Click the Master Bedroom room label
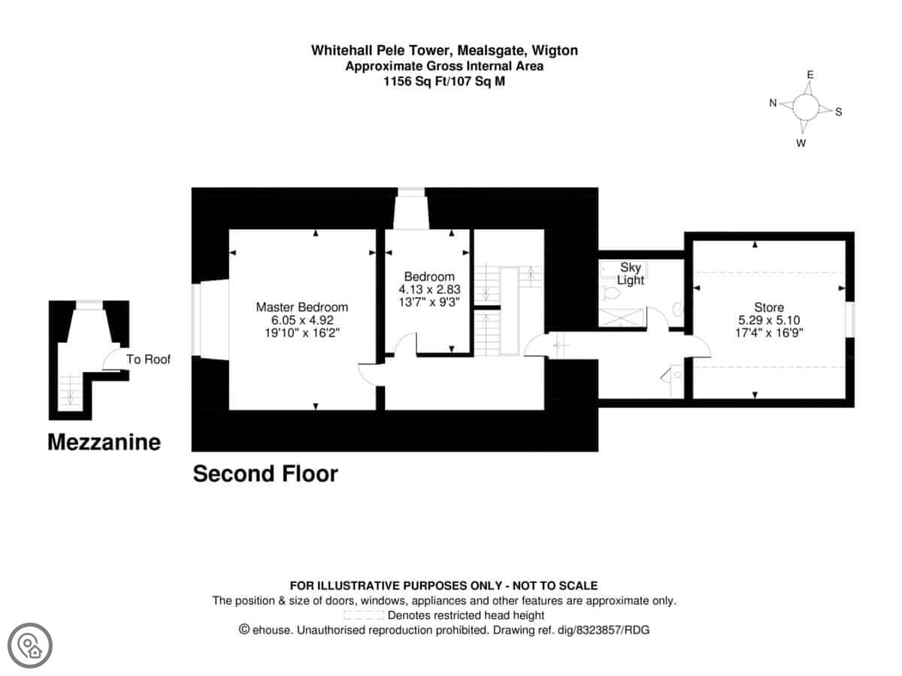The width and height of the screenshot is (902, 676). point(301,307)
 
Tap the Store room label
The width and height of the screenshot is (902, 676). point(769,307)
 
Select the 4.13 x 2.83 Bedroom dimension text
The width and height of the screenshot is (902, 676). point(429,289)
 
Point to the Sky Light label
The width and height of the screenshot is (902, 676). point(631,273)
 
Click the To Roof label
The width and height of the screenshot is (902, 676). point(148,360)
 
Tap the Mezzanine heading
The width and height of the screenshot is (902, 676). point(104,442)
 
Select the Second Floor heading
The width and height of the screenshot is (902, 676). point(265,474)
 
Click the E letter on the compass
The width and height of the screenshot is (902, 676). point(810,74)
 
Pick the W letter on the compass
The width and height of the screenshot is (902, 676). point(801,143)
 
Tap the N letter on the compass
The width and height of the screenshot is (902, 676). point(773,103)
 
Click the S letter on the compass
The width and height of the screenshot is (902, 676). point(839,112)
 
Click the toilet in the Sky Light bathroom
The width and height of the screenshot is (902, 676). point(610,293)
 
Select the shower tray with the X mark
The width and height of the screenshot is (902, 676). point(622,317)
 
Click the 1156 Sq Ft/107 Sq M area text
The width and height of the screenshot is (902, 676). point(443,81)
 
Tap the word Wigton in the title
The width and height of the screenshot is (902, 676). point(555,50)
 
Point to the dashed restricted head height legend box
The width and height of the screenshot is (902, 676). point(364,615)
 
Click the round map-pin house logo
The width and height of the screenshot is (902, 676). point(30,645)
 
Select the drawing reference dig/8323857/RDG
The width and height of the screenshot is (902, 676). point(604,630)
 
